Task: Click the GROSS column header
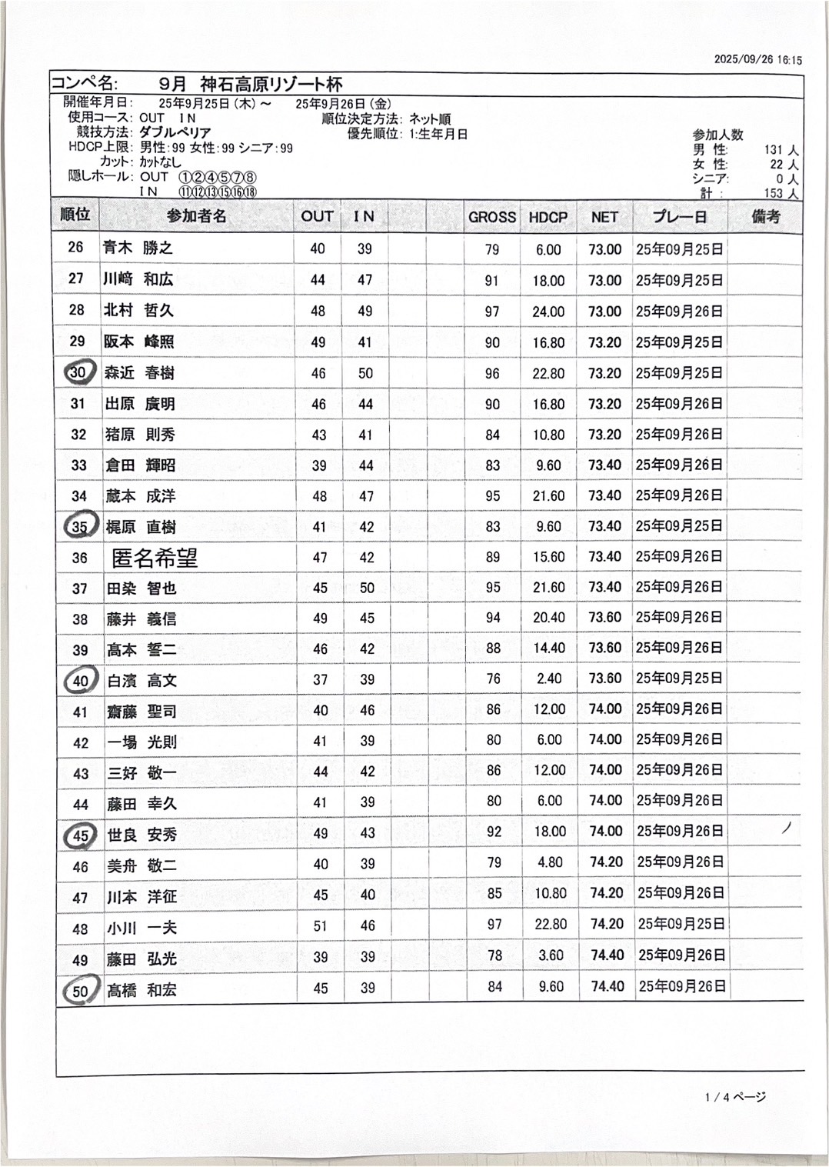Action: tap(491, 217)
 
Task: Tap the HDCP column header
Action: tap(548, 217)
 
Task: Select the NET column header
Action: tap(604, 217)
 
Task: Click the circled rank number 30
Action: tap(78, 372)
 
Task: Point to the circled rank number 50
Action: tap(80, 991)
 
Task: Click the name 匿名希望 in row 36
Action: tap(155, 557)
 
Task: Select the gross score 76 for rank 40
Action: tap(493, 679)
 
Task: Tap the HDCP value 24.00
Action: tap(548, 312)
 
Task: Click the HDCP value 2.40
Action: tap(549, 679)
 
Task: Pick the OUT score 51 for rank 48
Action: tap(320, 926)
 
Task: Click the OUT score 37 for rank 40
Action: tap(320, 679)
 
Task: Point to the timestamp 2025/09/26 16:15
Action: tap(757, 59)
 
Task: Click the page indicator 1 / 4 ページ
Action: tap(735, 1097)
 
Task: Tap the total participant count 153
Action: tap(774, 193)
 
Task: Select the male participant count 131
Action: tap(774, 150)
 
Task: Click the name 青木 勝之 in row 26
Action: tap(138, 248)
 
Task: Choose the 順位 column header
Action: tap(75, 215)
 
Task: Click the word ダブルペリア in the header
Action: tap(175, 132)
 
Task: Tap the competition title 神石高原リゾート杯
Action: tap(271, 84)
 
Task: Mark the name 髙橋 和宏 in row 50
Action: tap(141, 990)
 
